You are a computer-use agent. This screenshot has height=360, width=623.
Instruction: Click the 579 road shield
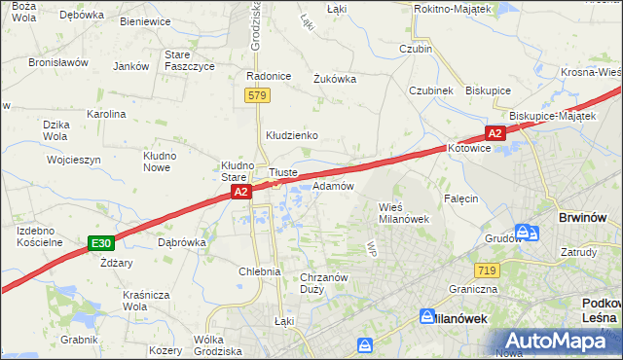point(257,95)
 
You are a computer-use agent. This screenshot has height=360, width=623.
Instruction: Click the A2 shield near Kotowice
point(495,133)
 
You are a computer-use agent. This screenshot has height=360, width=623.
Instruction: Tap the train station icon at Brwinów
point(527,233)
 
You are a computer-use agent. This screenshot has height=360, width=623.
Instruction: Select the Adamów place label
point(332,185)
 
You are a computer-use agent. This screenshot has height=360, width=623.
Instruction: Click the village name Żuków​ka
point(334,80)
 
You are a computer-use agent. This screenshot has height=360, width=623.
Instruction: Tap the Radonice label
point(270,76)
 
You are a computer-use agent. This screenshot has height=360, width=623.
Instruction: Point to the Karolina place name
point(106,114)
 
